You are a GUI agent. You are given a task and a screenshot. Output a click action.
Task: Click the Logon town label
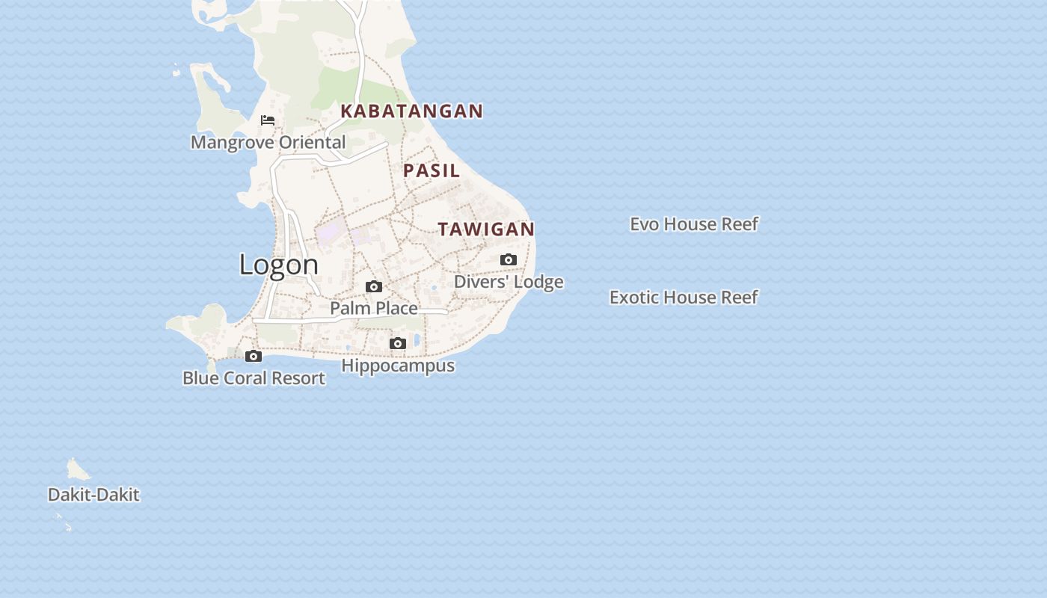pyautogui.click(x=279, y=265)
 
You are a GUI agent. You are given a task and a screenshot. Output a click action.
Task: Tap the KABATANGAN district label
pyautogui.click(x=411, y=111)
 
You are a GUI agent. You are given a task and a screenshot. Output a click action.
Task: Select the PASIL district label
pyautogui.click(x=432, y=170)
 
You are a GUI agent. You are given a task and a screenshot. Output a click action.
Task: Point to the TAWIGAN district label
pyautogui.click(x=486, y=229)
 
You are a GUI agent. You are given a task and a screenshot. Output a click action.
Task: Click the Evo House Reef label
pyautogui.click(x=694, y=224)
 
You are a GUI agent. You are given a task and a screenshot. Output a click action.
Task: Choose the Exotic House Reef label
pyautogui.click(x=684, y=298)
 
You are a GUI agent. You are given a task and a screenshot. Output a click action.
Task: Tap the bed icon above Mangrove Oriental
pyautogui.click(x=268, y=120)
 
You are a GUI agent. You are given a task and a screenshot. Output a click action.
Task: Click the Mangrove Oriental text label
pyautogui.click(x=268, y=142)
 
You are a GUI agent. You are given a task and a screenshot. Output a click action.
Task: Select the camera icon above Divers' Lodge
pyautogui.click(x=509, y=260)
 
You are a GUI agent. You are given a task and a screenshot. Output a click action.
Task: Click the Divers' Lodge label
pyautogui.click(x=509, y=282)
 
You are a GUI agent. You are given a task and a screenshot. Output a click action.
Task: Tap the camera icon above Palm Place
pyautogui.click(x=374, y=287)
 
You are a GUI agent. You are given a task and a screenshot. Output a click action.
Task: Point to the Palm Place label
pyautogui.click(x=374, y=308)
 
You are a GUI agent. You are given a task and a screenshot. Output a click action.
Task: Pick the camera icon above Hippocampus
pyautogui.click(x=398, y=344)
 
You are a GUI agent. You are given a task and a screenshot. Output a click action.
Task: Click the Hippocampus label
pyautogui.click(x=398, y=366)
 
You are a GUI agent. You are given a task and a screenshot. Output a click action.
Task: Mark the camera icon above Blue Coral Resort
pyautogui.click(x=254, y=357)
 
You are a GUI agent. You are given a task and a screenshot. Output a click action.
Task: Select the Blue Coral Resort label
pyautogui.click(x=254, y=378)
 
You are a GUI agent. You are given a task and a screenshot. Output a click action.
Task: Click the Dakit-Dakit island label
pyautogui.click(x=93, y=495)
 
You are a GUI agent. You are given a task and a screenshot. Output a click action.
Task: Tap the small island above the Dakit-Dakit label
pyautogui.click(x=76, y=470)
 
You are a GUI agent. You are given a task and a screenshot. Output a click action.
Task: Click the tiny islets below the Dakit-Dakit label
pyautogui.click(x=64, y=523)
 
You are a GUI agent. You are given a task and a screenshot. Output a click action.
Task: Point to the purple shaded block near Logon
pyautogui.click(x=328, y=232)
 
